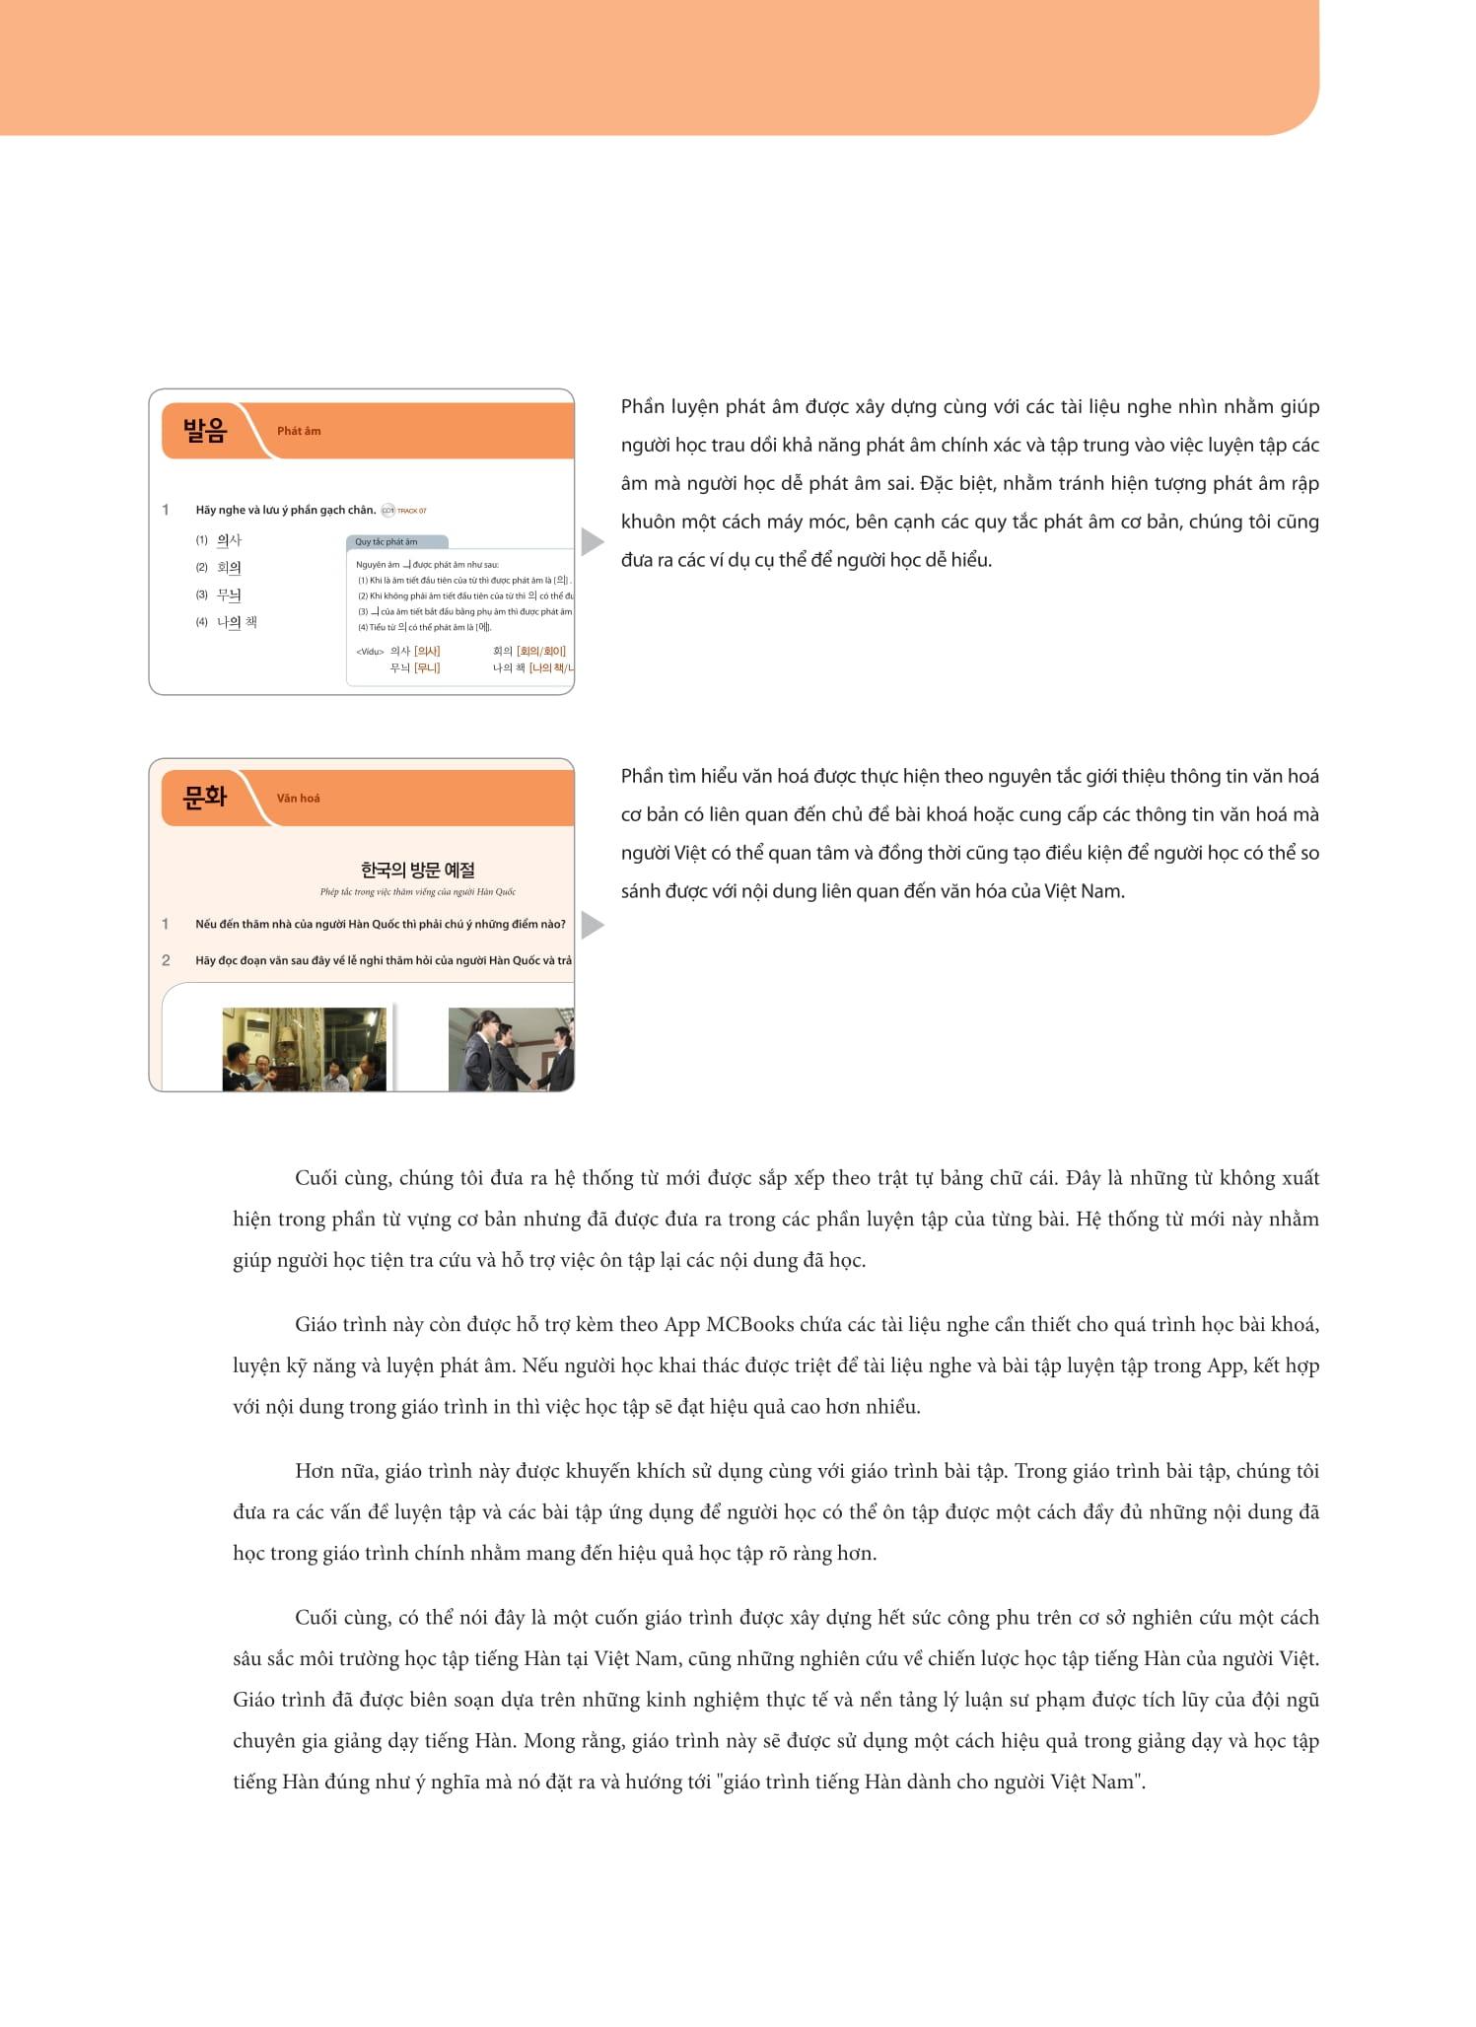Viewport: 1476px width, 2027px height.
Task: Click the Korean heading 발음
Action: click(x=205, y=431)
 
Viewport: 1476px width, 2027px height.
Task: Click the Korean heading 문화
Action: click(x=205, y=798)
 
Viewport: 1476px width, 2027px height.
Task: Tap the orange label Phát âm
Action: click(x=298, y=431)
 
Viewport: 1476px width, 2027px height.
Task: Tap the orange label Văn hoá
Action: click(x=298, y=799)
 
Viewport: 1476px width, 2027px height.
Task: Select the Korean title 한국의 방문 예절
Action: click(x=417, y=870)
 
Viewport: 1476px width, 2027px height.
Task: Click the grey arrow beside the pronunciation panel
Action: click(x=592, y=541)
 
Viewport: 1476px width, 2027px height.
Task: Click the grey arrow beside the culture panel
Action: click(x=592, y=925)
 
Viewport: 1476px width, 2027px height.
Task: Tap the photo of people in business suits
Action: click(x=511, y=1049)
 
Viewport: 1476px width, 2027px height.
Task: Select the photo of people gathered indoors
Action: click(x=305, y=1049)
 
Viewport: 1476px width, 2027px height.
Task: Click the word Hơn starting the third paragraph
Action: click(x=315, y=1471)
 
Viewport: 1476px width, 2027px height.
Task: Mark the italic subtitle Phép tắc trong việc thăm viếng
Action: click(x=417, y=892)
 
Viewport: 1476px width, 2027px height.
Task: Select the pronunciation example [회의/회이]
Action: click(x=541, y=651)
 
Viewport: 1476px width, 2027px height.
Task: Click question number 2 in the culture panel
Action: click(x=166, y=960)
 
